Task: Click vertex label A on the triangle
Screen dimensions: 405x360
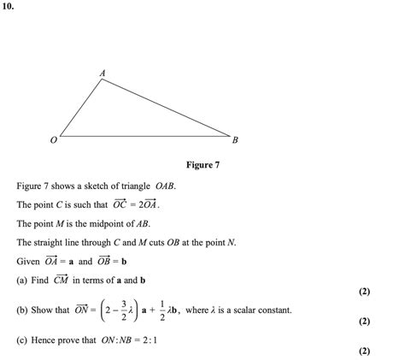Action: pyautogui.click(x=103, y=74)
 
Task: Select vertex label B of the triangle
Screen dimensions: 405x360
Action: pyautogui.click(x=235, y=139)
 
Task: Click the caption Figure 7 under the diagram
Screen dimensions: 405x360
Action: pyautogui.click(x=202, y=164)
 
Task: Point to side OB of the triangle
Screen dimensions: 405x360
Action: pyautogui.click(x=145, y=136)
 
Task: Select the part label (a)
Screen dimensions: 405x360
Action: pyautogui.click(x=22, y=280)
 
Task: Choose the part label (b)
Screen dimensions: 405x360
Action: pyautogui.click(x=22, y=310)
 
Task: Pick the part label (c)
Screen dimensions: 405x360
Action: pyautogui.click(x=22, y=339)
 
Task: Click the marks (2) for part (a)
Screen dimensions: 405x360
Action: pyautogui.click(x=365, y=292)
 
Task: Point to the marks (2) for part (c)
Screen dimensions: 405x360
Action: pyautogui.click(x=365, y=351)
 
